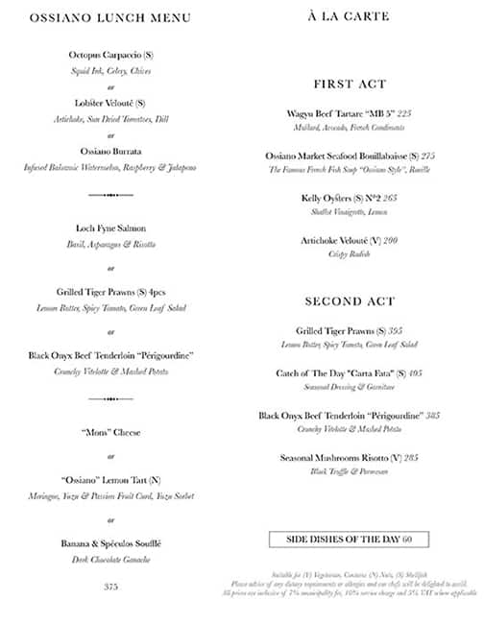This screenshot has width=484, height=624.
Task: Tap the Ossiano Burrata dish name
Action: (110, 152)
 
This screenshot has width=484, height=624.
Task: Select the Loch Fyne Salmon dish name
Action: (110, 228)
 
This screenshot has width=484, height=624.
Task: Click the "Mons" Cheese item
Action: (110, 432)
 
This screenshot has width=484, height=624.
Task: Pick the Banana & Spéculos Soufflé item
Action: (110, 543)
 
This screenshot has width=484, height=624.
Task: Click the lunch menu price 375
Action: (110, 586)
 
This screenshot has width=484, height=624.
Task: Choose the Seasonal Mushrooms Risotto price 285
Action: (410, 458)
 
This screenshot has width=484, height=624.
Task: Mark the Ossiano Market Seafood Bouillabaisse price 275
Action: (428, 156)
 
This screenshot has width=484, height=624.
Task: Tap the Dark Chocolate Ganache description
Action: (110, 559)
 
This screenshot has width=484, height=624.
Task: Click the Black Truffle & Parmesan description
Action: (350, 471)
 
